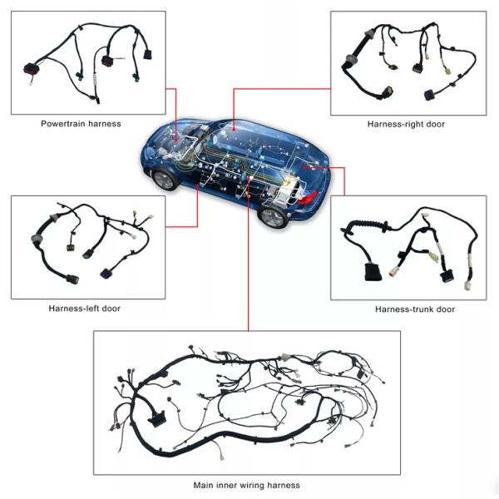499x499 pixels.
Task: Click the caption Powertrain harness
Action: point(81,124)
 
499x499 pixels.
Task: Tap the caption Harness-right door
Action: point(406,124)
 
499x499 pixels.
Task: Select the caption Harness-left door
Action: point(84,309)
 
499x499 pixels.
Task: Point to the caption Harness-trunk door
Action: point(415,309)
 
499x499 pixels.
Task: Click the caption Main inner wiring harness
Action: point(247,486)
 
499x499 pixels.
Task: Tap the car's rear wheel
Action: point(272,217)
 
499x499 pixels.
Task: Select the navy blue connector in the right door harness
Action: point(430,95)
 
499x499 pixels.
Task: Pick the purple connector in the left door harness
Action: point(106,274)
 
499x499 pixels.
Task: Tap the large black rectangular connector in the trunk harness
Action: point(373,272)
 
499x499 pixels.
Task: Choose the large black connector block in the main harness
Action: point(156,418)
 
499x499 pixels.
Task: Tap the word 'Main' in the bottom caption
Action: point(204,486)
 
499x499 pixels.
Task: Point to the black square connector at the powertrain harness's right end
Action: point(147,54)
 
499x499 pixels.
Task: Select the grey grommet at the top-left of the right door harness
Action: point(370,33)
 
